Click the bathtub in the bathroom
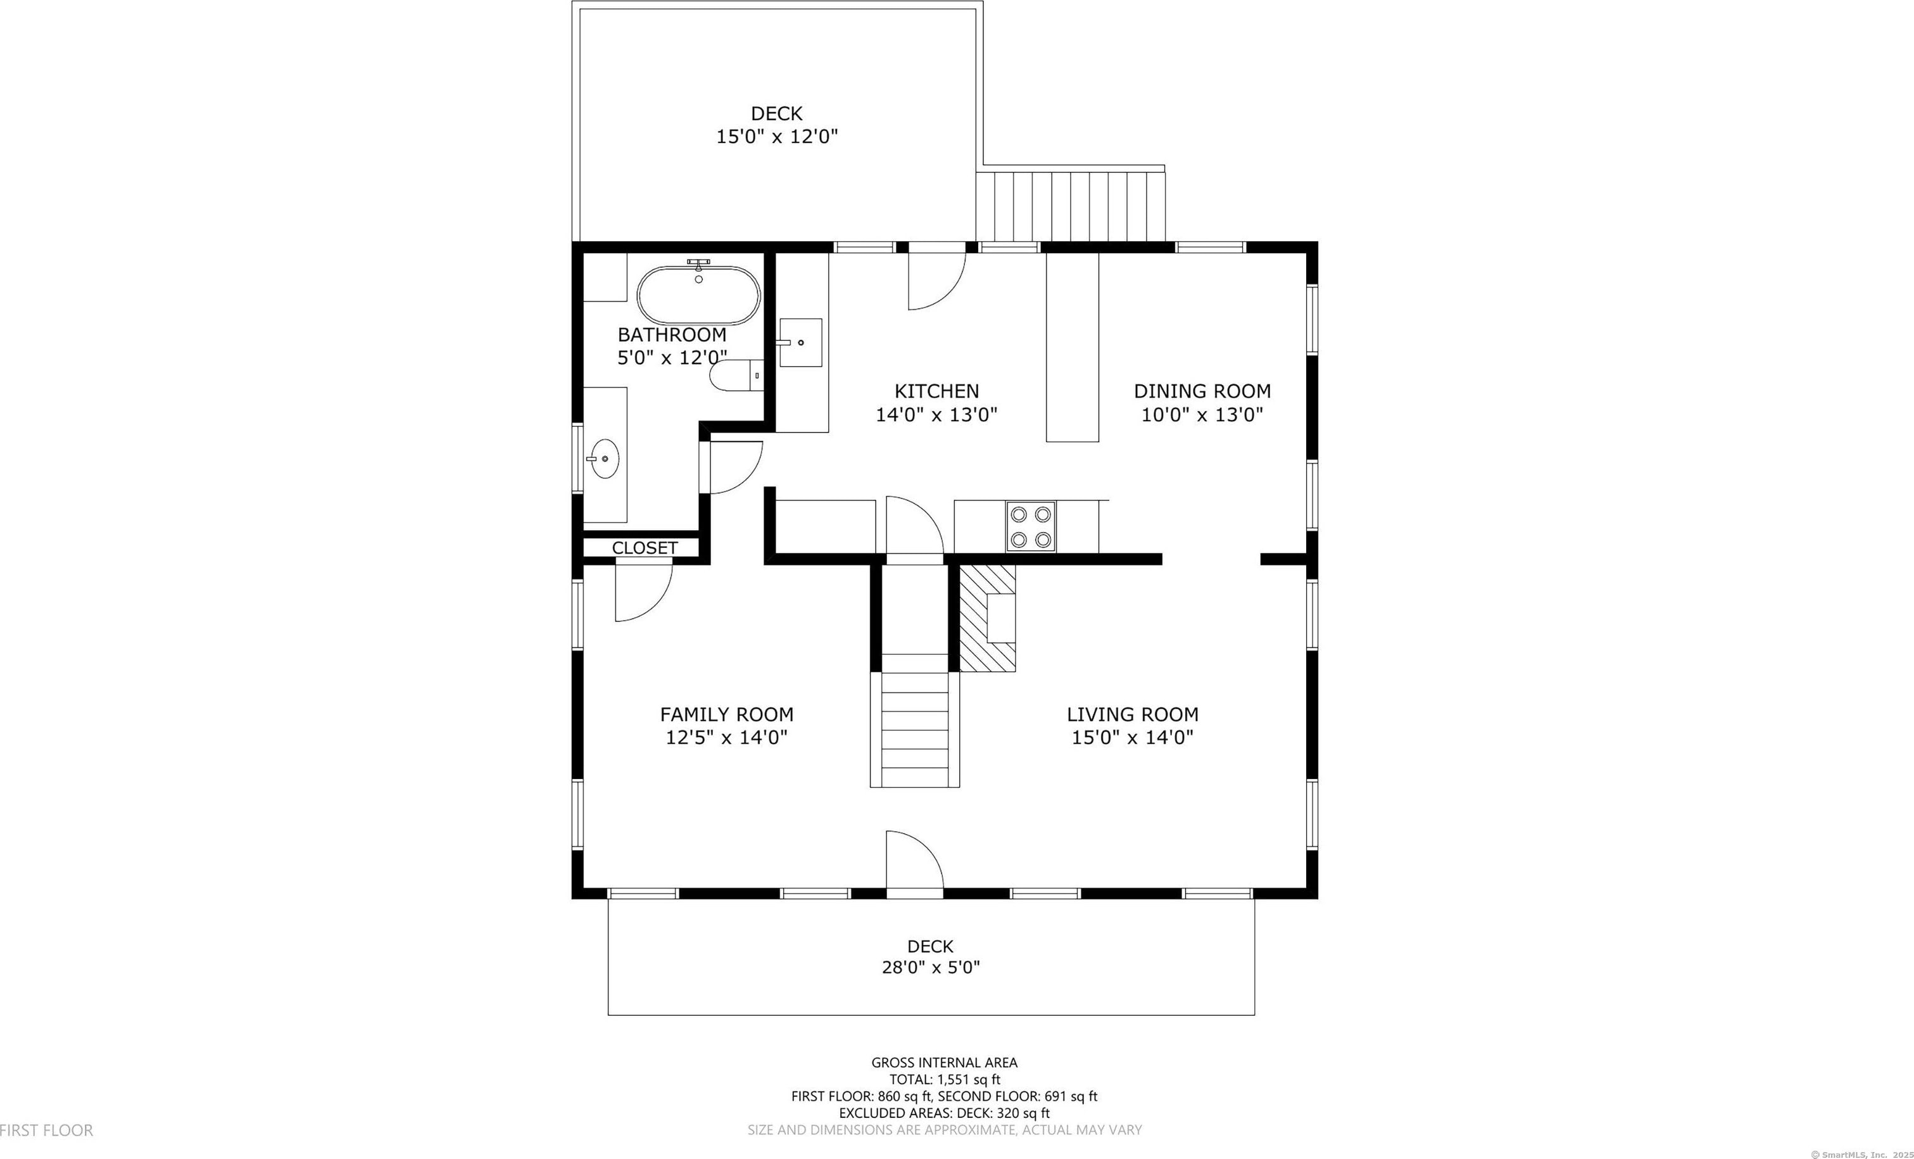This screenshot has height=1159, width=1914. click(698, 295)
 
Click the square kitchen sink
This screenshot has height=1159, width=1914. click(800, 342)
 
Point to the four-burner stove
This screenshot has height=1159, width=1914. click(1031, 527)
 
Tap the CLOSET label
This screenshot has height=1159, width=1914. click(645, 548)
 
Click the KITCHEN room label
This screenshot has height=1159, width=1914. click(937, 391)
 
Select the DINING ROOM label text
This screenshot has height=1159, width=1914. click(1202, 391)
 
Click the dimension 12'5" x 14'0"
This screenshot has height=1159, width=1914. click(727, 737)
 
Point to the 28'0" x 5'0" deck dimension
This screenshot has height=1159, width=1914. click(931, 967)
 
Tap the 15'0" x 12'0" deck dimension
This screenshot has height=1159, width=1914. click(777, 137)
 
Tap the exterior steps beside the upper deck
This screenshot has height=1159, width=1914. click(1071, 206)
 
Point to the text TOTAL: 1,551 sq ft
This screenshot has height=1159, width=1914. click(945, 1079)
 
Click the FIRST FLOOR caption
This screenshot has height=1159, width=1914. click(47, 1130)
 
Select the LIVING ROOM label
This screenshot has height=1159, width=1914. click(1133, 714)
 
